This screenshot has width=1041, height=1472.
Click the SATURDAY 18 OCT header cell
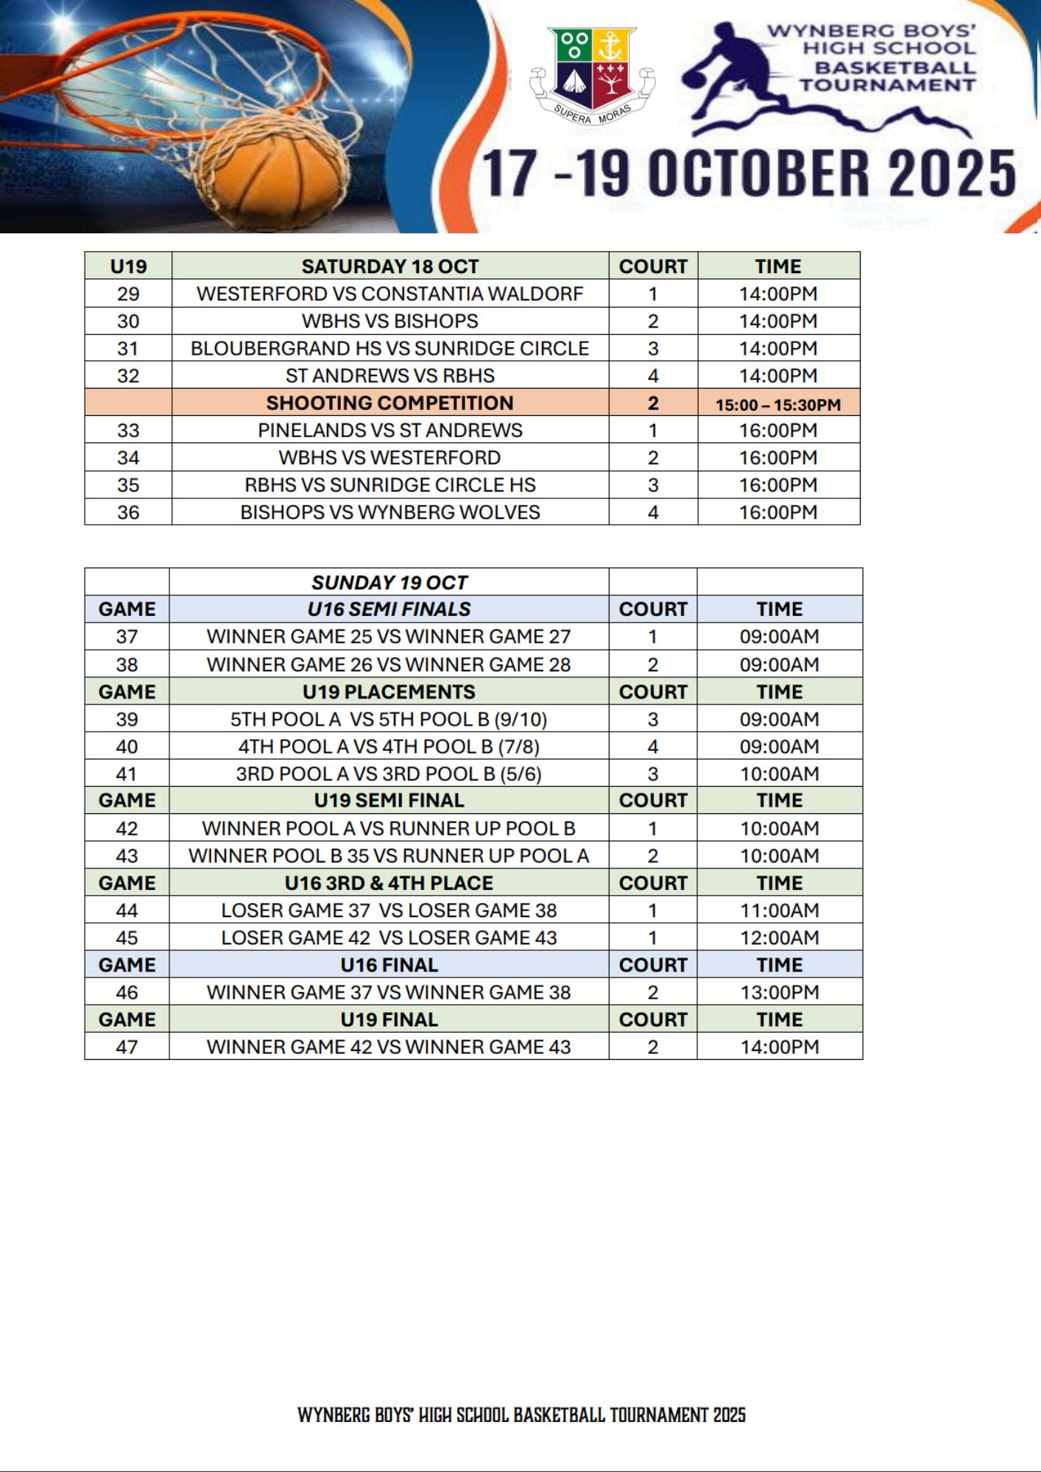coord(390,266)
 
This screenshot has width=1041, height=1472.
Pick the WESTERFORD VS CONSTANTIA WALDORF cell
coord(390,294)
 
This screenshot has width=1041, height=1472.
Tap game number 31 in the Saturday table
coord(128,348)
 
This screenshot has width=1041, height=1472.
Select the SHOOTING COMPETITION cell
coord(390,403)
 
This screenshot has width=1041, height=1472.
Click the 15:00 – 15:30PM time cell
coord(778,404)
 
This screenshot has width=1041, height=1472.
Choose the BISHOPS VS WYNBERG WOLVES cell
coord(390,512)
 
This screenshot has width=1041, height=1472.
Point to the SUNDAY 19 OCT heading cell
coord(389,582)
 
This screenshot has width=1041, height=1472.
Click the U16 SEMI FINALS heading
coord(389,609)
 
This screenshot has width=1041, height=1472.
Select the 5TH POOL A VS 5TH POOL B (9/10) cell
coord(389,719)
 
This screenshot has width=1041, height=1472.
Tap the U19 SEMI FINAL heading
coord(389,800)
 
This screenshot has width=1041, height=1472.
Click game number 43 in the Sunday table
coord(127,856)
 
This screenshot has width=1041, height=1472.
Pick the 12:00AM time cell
coord(780,938)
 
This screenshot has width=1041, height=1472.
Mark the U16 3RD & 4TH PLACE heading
coord(389,882)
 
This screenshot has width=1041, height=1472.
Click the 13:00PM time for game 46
coord(780,992)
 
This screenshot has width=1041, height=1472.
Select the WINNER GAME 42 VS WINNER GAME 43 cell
coord(389,1047)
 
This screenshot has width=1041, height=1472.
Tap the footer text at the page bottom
coord(521,1415)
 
